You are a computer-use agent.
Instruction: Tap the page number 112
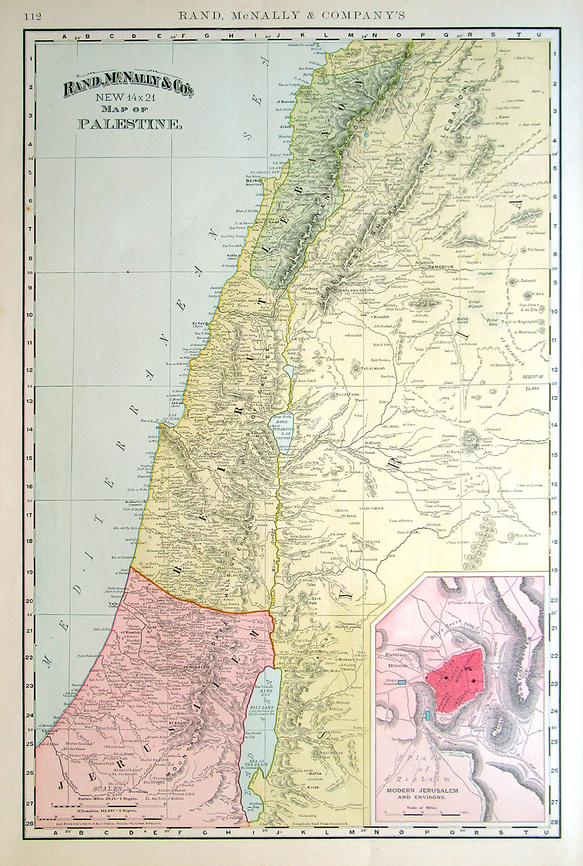pos(32,16)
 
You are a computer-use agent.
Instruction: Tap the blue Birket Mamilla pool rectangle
pos(403,682)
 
